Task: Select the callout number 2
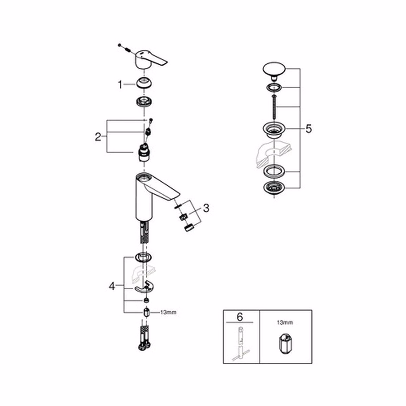coord(98,137)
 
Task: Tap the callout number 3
coord(206,208)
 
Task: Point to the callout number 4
coord(112,287)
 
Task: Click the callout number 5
coord(309,129)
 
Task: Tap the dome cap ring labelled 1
coord(144,84)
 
